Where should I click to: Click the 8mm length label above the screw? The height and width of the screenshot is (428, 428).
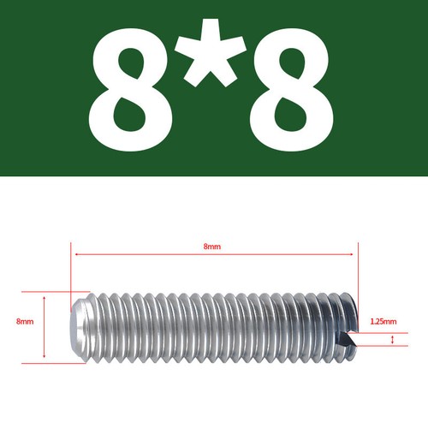click(x=212, y=247)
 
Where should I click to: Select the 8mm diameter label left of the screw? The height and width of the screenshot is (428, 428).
click(x=25, y=322)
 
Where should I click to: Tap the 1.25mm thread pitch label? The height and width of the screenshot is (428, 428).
click(x=383, y=322)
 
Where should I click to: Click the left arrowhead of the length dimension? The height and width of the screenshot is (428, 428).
click(x=75, y=254)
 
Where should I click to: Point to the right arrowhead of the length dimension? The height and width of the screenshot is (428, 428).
click(x=351, y=254)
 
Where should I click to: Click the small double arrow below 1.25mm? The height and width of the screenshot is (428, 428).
click(x=392, y=341)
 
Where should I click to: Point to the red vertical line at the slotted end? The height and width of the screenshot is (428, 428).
click(x=357, y=274)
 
